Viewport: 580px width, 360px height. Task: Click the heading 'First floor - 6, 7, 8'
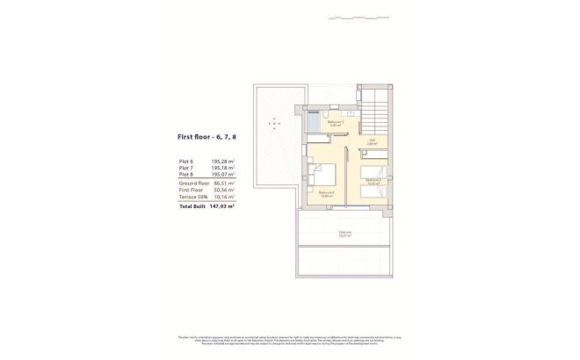coord(209,137)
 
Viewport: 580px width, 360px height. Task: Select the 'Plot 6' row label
coord(185,162)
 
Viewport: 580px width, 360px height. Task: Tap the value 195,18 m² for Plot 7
coord(223,168)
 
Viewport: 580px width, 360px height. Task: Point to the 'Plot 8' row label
coord(185,174)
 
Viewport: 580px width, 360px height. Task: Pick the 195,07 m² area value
coord(223,174)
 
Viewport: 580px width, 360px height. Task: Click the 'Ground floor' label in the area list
coord(192,182)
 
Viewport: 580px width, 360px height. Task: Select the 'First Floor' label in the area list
coord(191,189)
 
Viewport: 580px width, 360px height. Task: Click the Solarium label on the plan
coord(344,234)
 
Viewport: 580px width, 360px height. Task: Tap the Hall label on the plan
coord(372,140)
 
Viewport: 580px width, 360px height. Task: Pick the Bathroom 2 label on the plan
coord(335,125)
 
